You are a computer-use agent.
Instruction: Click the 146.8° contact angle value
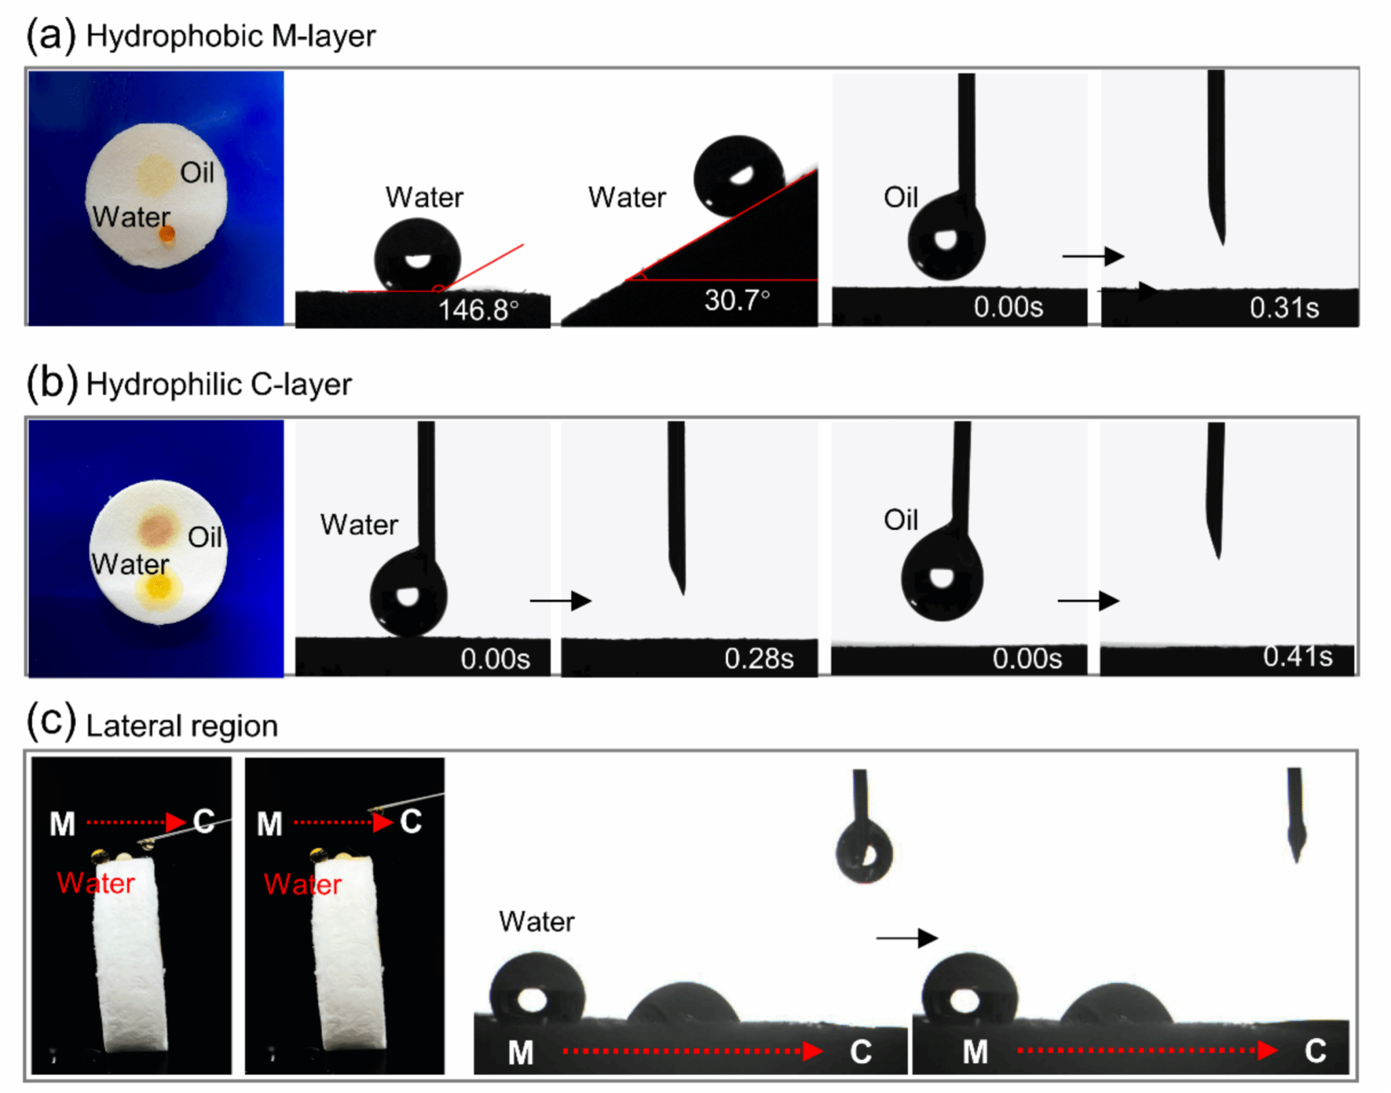tap(478, 310)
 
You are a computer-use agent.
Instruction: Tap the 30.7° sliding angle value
tap(737, 300)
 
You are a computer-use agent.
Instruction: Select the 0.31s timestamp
tap(1284, 308)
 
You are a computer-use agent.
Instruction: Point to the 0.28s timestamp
tap(759, 658)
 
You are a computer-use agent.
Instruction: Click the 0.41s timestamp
tap(1297, 656)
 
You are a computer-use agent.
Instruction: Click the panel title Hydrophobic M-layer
tap(231, 36)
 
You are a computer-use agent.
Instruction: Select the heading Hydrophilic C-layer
tap(219, 384)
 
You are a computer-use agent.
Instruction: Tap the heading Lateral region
tap(182, 725)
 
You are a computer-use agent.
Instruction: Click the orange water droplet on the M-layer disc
tap(166, 235)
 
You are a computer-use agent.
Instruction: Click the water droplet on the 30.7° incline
tap(738, 175)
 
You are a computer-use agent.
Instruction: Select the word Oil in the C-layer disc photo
tap(204, 537)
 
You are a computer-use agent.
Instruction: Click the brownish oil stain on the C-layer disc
tap(158, 529)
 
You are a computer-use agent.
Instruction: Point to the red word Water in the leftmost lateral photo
tap(96, 883)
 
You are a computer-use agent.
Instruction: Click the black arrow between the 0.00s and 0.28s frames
tap(560, 601)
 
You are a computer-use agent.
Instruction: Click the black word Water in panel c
tap(537, 922)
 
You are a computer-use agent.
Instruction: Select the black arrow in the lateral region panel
tap(907, 938)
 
